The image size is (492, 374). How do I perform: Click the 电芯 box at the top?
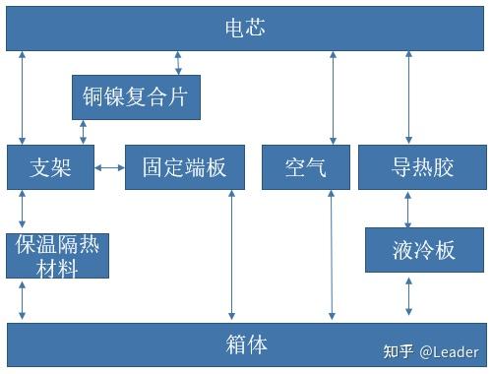[x=245, y=29]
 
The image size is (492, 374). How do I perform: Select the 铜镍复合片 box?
[x=137, y=97]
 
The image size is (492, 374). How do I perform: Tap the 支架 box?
[x=50, y=167]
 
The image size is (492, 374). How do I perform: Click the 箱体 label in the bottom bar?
[x=245, y=344]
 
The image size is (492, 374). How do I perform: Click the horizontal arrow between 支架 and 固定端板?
[x=109, y=167]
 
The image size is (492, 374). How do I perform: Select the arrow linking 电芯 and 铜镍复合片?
[x=178, y=62]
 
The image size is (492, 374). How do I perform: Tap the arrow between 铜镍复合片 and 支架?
[x=83, y=132]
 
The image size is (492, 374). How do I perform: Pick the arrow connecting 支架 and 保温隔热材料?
[x=22, y=210]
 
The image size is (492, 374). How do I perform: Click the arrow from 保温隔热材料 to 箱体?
[x=22, y=299]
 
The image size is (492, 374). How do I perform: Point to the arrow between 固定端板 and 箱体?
[x=231, y=255]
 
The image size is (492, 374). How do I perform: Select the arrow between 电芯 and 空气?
[x=330, y=97]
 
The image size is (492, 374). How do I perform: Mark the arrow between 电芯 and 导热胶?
[x=408, y=97]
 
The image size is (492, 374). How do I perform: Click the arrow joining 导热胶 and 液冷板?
[x=408, y=209]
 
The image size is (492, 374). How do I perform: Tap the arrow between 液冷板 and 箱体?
[x=408, y=296]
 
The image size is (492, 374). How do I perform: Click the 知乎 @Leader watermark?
[x=430, y=351]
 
